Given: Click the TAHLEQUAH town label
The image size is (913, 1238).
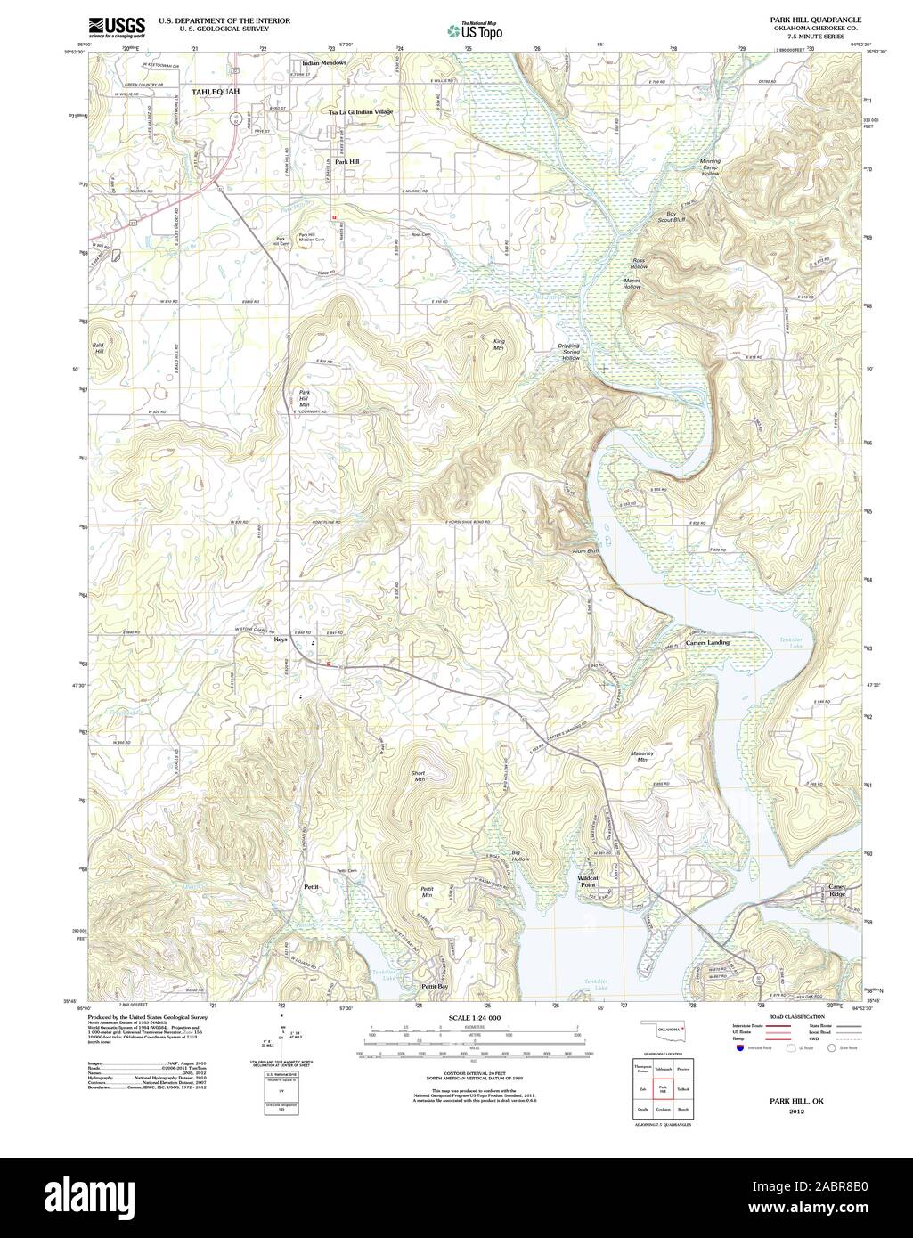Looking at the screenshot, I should pos(215,92).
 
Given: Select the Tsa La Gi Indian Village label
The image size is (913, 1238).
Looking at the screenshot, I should pos(360,112).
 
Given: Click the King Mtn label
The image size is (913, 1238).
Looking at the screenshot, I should pos(500,343).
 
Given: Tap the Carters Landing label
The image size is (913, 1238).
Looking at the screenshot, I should pos(707,642).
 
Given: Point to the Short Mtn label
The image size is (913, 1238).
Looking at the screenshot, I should pos(419,775).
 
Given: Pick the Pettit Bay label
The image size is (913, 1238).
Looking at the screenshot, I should pos(436,987).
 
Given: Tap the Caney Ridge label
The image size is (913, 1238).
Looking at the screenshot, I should pos(837,891).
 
